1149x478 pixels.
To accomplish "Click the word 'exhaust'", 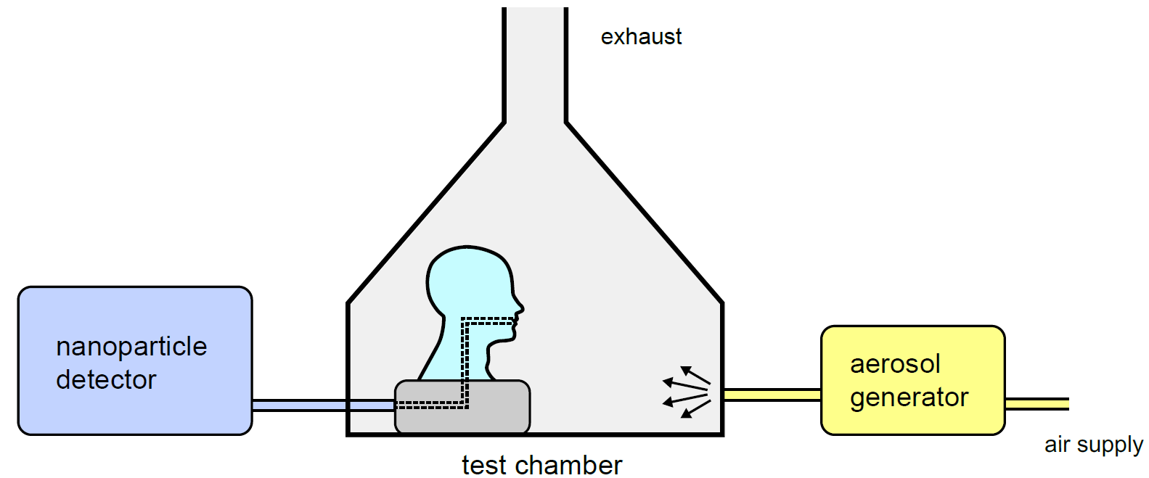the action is pyautogui.click(x=641, y=37).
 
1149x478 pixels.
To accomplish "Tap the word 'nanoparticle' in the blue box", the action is pyautogui.click(x=131, y=347).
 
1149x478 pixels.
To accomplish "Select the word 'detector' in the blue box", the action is pyautogui.click(x=106, y=379).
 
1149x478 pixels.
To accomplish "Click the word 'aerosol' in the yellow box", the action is pyautogui.click(x=895, y=364).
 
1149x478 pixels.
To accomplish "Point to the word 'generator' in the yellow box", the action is pyautogui.click(x=909, y=398).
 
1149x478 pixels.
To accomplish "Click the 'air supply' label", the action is pyautogui.click(x=1094, y=445).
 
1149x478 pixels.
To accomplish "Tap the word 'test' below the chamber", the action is pyautogui.click(x=485, y=465).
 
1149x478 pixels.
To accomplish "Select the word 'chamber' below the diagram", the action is pyautogui.click(x=569, y=465).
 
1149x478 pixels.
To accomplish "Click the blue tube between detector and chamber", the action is pyautogui.click(x=323, y=405).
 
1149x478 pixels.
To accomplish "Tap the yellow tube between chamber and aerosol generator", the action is pyautogui.click(x=772, y=395).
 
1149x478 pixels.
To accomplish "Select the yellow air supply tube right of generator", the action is pyautogui.click(x=1036, y=404).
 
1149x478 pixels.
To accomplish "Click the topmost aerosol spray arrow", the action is pyautogui.click(x=695, y=374).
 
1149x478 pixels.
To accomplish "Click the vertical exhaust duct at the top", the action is pyautogui.click(x=535, y=64).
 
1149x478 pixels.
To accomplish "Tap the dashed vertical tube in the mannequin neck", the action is pyautogui.click(x=465, y=361).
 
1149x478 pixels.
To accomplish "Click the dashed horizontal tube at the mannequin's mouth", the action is pyautogui.click(x=487, y=321).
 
